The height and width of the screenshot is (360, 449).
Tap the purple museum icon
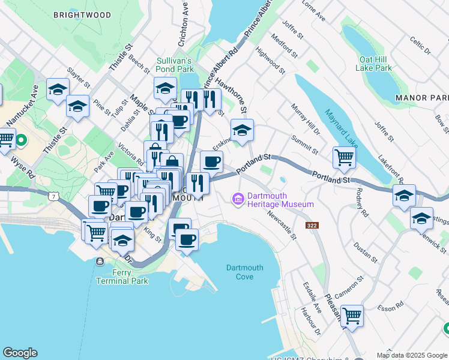coord(238,198)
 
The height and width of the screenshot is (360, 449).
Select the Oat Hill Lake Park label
coord(375,64)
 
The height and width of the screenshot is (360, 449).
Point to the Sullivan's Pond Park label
coord(173,65)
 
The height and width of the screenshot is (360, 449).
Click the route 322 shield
coord(311,226)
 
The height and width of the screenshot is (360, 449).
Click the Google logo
coord(20,353)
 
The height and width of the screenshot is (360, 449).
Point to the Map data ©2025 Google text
coord(412,355)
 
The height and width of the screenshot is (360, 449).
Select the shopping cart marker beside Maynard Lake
coord(345,158)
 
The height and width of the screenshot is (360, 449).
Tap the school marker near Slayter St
coord(58,91)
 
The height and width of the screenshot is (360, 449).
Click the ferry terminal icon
coord(99,261)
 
